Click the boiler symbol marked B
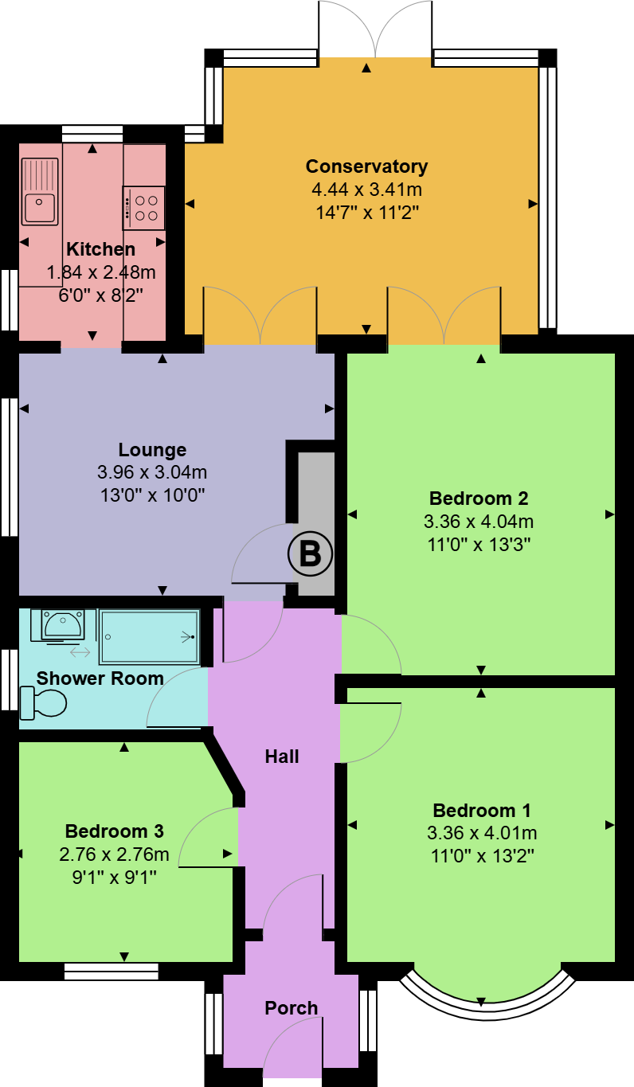tap(309, 553)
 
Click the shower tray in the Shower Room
tap(148, 636)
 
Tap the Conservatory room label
tap(366, 166)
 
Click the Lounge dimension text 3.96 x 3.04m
tap(152, 473)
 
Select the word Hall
tap(282, 757)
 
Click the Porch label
tap(291, 1008)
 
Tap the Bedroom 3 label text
tap(115, 831)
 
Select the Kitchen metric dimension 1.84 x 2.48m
tap(101, 273)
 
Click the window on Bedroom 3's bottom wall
tap(111, 971)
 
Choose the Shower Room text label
tap(100, 678)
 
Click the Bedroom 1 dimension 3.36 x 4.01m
tap(482, 834)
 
